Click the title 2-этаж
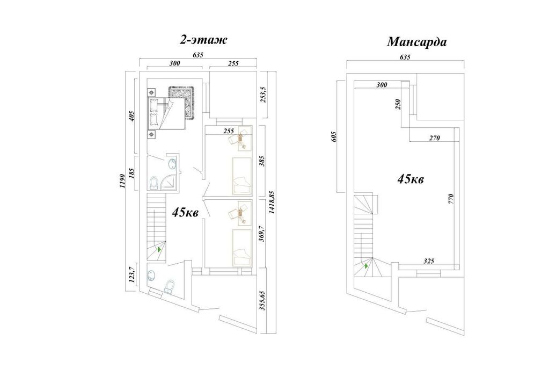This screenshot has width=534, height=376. click(x=203, y=40)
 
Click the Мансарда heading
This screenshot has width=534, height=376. click(x=416, y=42)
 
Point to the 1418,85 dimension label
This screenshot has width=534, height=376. click(x=272, y=203)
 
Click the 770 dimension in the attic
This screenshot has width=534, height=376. click(x=451, y=199)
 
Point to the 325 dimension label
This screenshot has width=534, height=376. click(x=429, y=261)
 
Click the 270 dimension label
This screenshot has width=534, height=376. click(x=435, y=138)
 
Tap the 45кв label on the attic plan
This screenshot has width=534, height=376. click(x=411, y=179)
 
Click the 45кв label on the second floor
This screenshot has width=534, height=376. click(x=186, y=213)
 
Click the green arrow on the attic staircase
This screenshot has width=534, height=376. click(x=366, y=265)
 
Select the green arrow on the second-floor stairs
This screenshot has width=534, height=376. click(x=158, y=249)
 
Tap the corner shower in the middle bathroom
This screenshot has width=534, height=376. click(x=169, y=183)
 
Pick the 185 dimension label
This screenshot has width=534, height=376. click(x=133, y=173)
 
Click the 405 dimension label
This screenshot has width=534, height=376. click(x=133, y=116)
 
